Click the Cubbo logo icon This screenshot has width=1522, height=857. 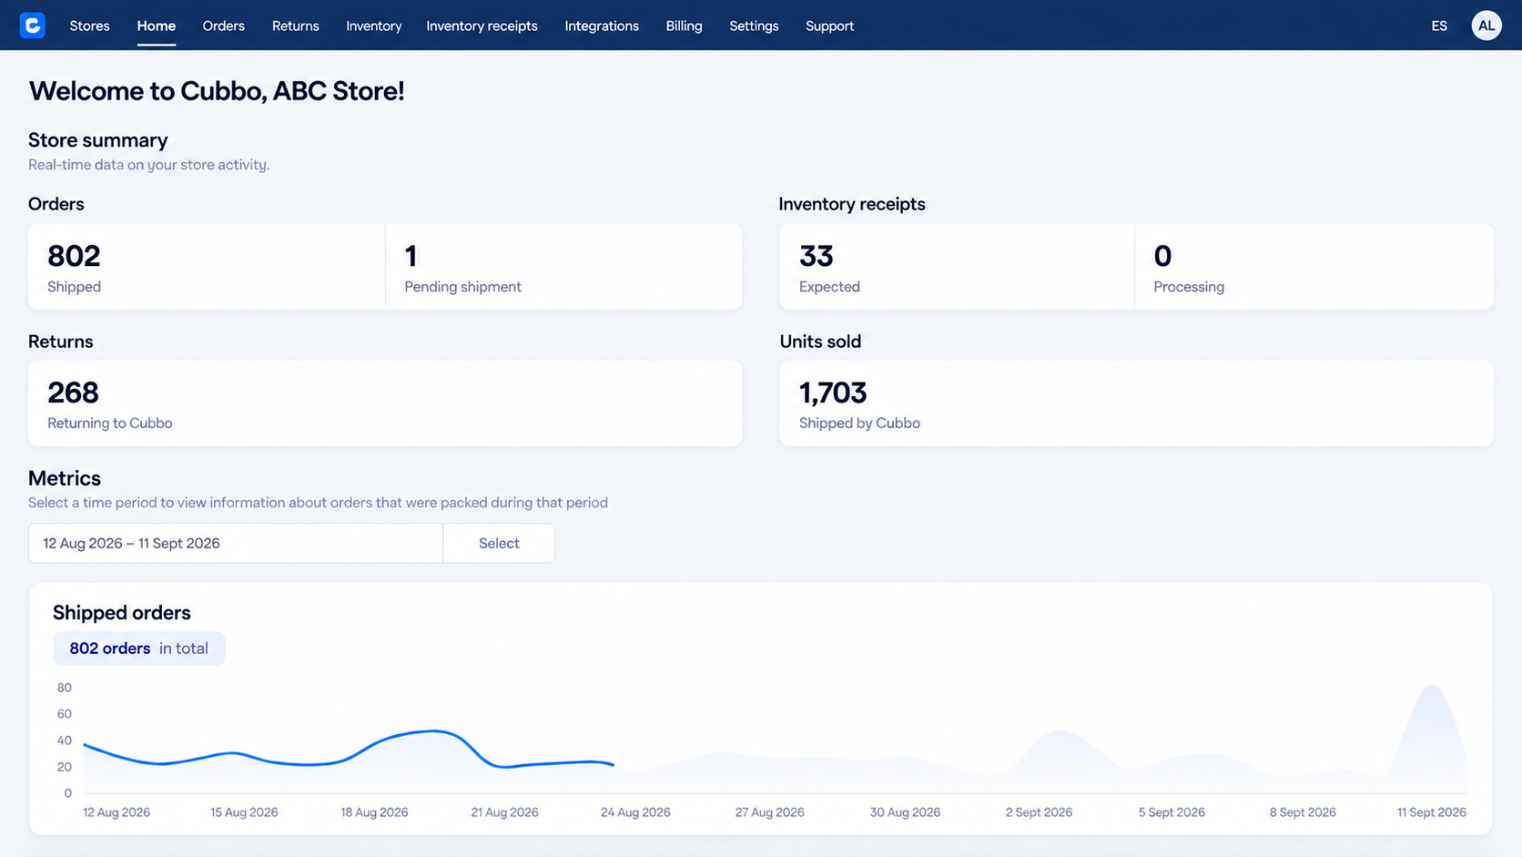(x=32, y=26)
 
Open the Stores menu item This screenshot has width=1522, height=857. (x=89, y=26)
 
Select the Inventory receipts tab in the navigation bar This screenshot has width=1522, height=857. (x=482, y=26)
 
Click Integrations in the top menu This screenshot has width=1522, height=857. (x=602, y=26)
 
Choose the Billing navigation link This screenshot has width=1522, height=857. (x=684, y=26)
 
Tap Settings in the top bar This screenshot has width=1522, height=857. (x=754, y=26)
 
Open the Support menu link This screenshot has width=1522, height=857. (x=829, y=26)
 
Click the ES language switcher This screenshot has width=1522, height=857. (x=1438, y=26)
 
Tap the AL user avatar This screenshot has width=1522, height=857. (x=1486, y=26)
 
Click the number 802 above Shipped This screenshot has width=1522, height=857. (x=74, y=256)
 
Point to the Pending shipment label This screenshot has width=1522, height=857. (x=462, y=287)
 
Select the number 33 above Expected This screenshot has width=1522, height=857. (x=816, y=256)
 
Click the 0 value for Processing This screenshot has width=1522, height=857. (x=1162, y=256)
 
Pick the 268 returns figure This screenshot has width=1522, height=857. (x=73, y=393)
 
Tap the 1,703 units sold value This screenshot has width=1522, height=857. (x=832, y=393)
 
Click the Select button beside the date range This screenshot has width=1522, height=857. (x=499, y=543)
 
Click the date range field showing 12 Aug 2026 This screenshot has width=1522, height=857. (x=235, y=543)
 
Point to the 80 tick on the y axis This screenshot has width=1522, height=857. (x=64, y=688)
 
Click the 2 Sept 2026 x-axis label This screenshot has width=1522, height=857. (x=1039, y=812)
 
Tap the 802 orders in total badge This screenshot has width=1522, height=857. (x=138, y=648)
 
